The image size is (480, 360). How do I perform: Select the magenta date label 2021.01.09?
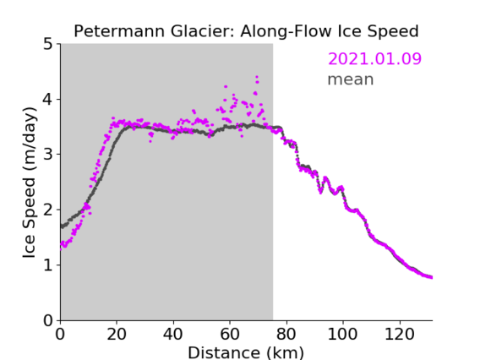374,59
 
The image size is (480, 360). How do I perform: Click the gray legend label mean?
351,79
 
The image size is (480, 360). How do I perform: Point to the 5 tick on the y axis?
48,45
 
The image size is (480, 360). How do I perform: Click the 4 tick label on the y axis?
48,100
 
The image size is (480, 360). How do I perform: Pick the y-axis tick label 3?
48,155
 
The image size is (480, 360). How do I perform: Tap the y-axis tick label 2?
48,210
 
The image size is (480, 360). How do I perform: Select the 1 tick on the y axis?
48,265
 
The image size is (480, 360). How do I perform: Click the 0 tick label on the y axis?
48,320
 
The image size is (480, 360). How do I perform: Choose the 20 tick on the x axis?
117,334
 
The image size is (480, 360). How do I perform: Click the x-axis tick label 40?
173,334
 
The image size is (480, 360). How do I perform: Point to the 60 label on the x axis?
230,334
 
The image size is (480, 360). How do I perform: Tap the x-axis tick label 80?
286,334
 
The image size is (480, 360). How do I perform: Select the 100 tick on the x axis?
342,334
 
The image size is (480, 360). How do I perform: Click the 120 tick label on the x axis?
399,334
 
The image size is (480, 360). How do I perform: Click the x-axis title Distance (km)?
246,352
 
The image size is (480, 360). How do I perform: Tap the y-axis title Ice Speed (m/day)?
30,183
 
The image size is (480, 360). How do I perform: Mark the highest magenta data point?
257,77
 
